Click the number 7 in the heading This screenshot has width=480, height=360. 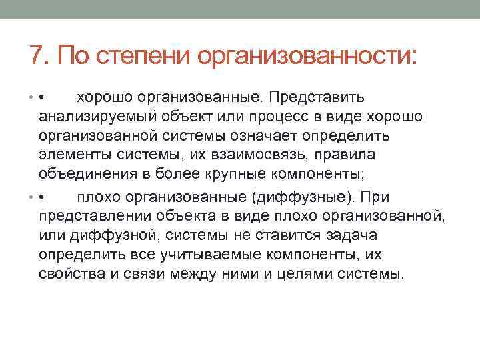(x=36, y=55)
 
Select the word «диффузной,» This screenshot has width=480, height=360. (x=113, y=236)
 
